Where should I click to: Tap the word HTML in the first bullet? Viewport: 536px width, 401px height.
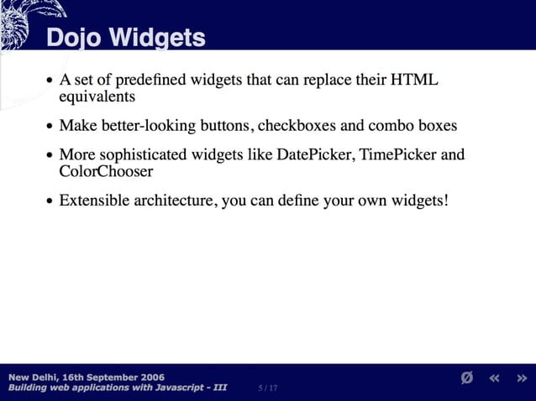click(415, 81)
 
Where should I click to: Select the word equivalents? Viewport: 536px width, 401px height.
click(97, 96)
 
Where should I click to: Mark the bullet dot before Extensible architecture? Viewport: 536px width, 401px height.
click(50, 202)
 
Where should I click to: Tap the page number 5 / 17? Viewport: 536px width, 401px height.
click(268, 388)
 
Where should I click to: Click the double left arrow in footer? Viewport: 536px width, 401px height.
click(495, 378)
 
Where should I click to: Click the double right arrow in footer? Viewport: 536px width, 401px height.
click(522, 378)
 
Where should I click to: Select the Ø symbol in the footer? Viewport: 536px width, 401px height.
click(467, 378)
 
